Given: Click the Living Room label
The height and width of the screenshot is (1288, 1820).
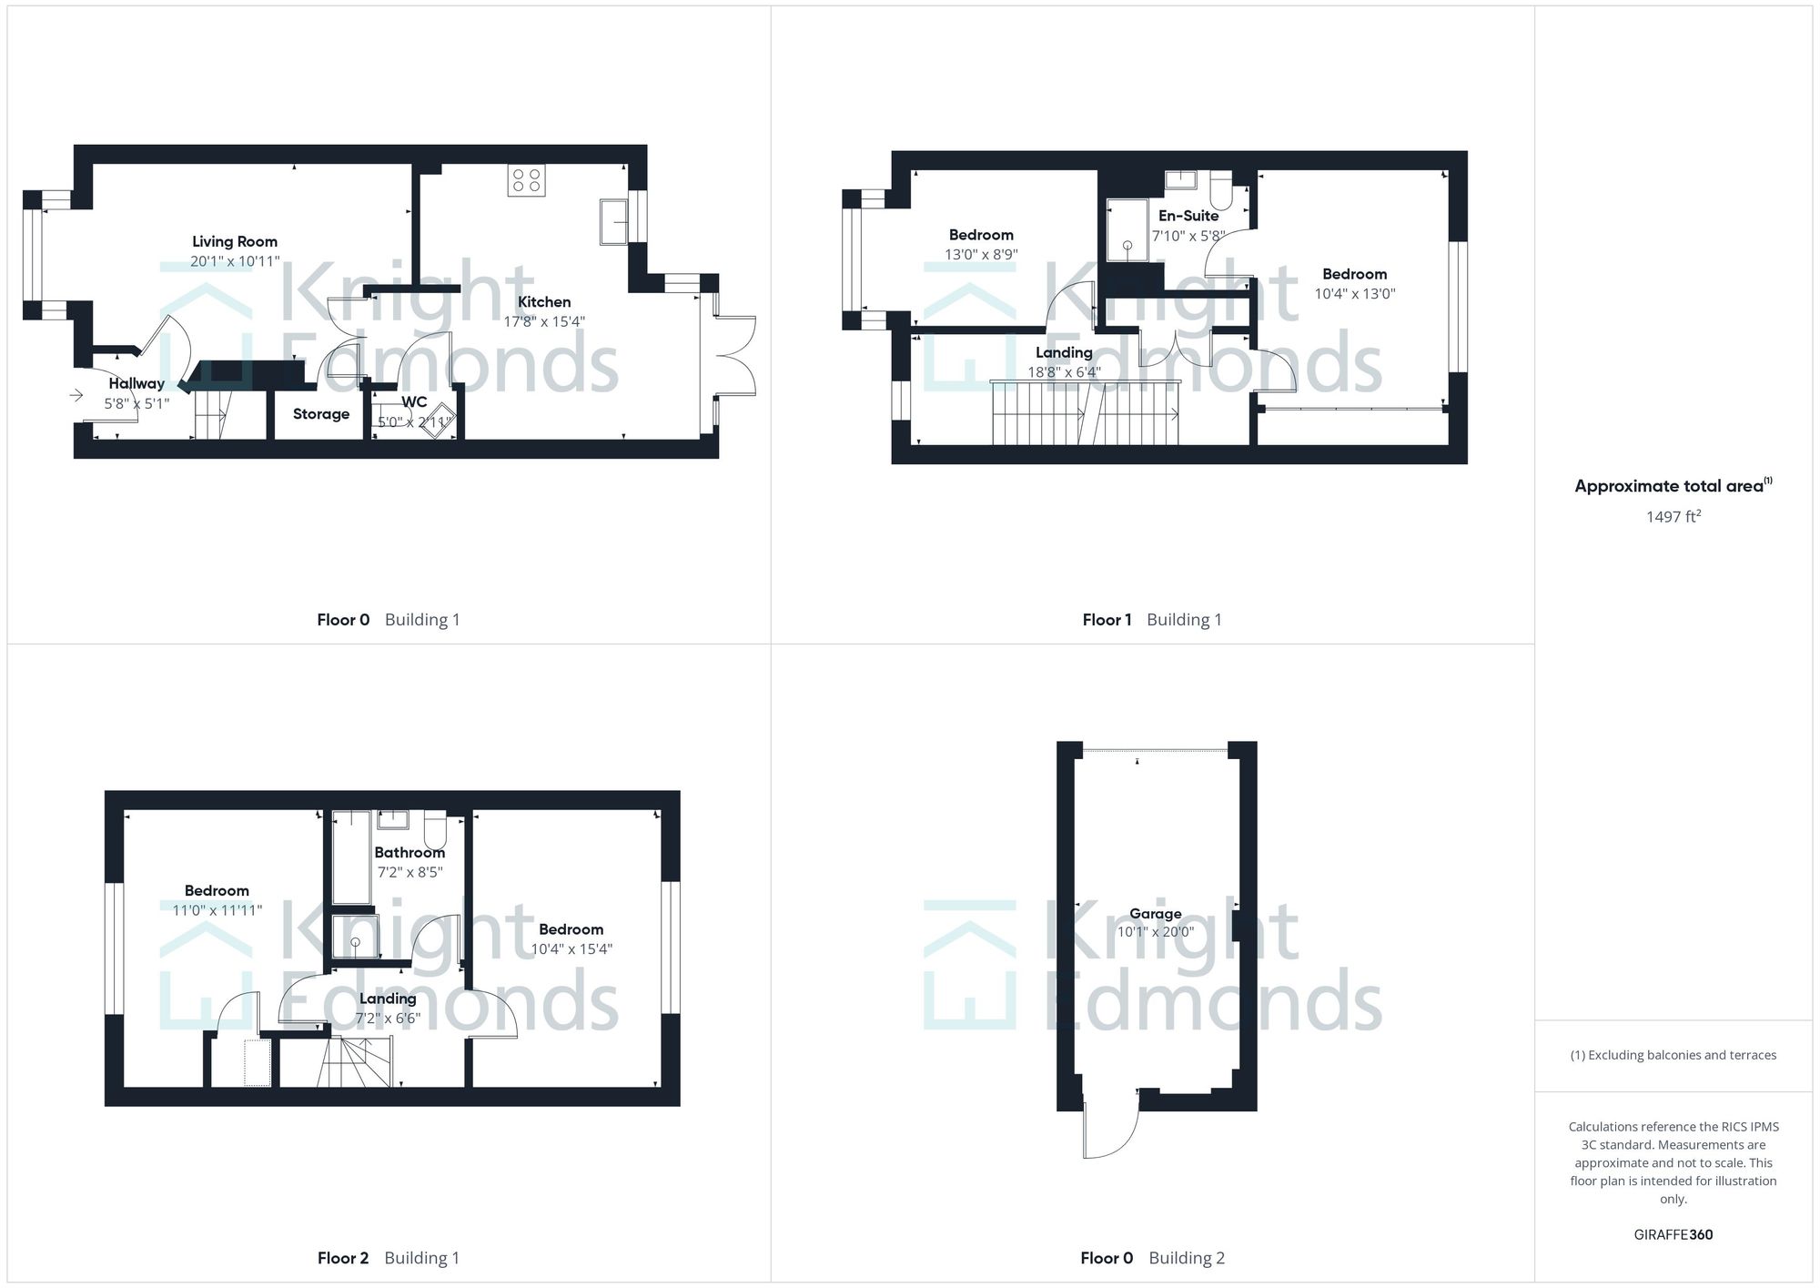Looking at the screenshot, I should point(235,241).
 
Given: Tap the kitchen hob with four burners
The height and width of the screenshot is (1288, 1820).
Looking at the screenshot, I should point(527,180).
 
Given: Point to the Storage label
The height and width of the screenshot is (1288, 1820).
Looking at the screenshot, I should point(321,414).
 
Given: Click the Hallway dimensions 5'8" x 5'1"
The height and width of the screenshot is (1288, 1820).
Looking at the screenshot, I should point(136,403).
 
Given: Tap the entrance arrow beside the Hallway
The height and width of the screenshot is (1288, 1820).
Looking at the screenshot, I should point(76,395).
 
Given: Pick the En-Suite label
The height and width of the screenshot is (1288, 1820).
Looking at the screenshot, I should point(1188,216).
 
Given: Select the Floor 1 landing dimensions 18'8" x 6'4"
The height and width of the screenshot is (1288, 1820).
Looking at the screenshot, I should point(1064,372).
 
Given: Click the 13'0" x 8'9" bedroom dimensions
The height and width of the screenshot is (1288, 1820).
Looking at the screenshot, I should point(981,255).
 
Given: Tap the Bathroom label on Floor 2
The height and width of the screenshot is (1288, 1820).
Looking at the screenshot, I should point(409,853).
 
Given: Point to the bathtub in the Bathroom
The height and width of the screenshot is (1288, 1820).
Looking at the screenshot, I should point(350,857).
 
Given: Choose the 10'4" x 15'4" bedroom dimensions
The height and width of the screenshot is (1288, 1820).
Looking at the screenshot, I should point(571,949).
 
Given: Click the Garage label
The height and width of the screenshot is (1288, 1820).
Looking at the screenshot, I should point(1155,914).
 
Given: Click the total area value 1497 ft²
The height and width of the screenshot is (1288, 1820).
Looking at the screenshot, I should point(1673,517).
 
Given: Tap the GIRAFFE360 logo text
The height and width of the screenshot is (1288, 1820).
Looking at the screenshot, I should point(1673,1235).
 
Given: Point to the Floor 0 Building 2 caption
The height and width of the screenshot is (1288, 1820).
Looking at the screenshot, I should point(1152,1258).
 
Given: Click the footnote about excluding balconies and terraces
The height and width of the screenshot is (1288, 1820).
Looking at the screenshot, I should point(1673,1056).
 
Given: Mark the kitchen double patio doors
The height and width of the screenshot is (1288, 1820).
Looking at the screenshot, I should point(734,355).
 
